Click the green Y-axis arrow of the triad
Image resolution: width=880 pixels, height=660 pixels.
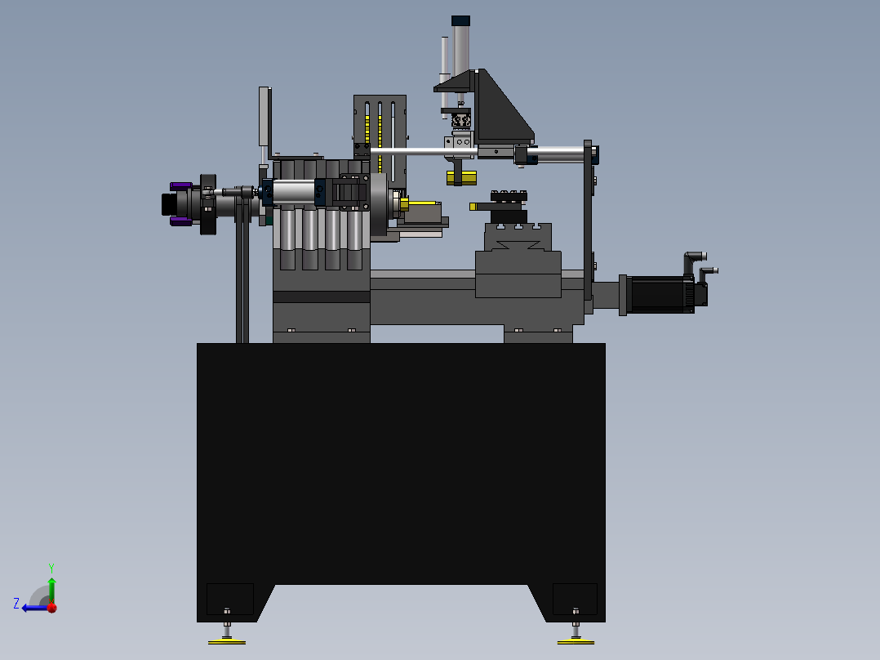pos(51,590)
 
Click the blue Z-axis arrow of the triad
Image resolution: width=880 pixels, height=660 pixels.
pos(35,608)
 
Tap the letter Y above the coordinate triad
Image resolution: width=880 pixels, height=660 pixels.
pos(51,568)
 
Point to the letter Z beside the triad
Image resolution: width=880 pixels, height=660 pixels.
pos(16,604)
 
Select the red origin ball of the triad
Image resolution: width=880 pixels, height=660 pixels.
pos(52,608)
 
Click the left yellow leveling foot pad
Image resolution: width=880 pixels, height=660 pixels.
pos(227,641)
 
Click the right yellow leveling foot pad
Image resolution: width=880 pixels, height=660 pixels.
pos(576,641)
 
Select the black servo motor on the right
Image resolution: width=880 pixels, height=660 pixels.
pos(663,294)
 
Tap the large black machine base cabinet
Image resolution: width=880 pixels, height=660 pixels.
pos(401,466)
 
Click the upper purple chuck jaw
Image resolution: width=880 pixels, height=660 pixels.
pos(180,186)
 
